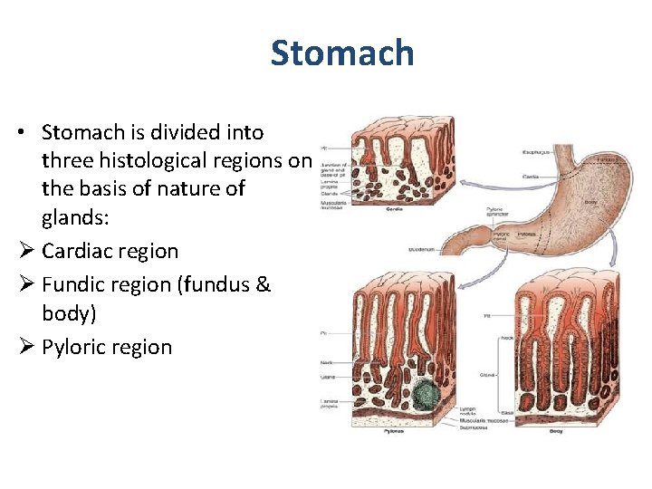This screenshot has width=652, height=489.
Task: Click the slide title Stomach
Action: coord(341,53)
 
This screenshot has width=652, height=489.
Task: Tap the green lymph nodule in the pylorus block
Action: coord(426,396)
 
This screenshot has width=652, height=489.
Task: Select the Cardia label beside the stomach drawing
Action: coord(531,177)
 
